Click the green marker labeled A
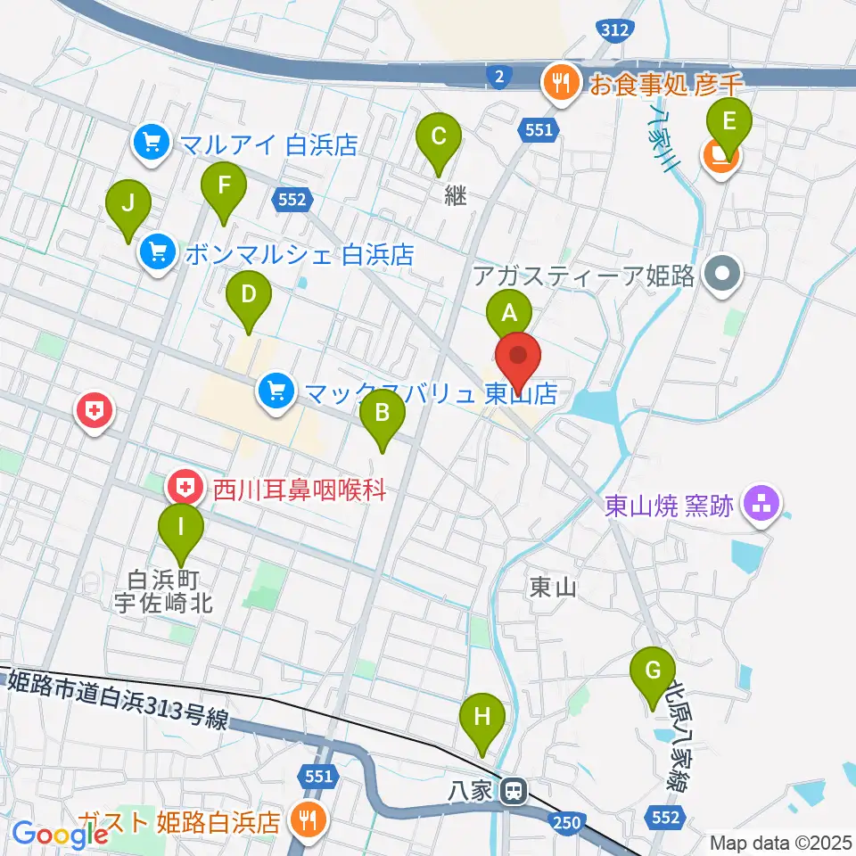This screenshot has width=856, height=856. [509, 315]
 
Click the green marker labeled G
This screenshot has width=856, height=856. [654, 671]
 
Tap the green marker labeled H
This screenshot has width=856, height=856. [482, 718]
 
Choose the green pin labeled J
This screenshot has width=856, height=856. [128, 205]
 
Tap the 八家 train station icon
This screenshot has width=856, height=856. [513, 790]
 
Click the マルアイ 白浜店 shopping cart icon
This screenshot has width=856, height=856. [151, 142]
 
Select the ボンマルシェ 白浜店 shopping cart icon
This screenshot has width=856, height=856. [158, 254]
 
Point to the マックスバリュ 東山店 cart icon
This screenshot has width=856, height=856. [276, 391]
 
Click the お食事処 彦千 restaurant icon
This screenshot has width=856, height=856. [561, 85]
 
